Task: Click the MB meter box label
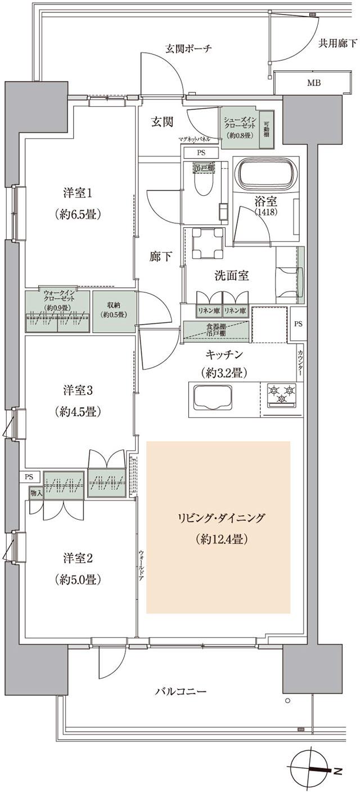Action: click(x=314, y=84)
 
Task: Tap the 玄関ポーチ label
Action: click(x=188, y=48)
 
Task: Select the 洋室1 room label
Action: click(x=78, y=193)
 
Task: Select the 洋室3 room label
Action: click(x=78, y=390)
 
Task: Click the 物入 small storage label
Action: click(x=35, y=492)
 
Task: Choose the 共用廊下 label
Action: click(x=336, y=42)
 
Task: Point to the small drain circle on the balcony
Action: click(x=287, y=701)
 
